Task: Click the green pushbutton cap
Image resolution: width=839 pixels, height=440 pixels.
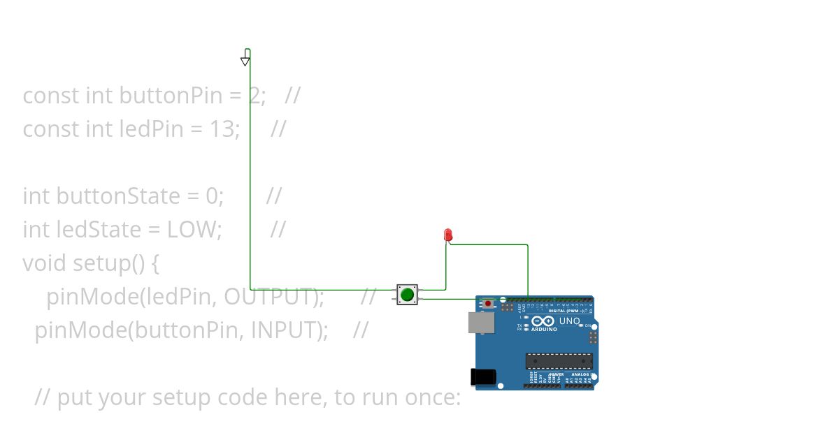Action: pos(407,295)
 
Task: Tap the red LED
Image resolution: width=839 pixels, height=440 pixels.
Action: pos(448,235)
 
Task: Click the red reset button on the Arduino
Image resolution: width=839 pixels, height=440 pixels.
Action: pos(488,304)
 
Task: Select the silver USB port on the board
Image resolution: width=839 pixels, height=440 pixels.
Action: pos(480,322)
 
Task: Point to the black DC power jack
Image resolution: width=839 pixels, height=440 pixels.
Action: pos(482,376)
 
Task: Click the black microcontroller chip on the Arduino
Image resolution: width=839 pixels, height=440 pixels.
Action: pos(559,360)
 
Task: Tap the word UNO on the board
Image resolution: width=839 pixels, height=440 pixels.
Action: pos(570,321)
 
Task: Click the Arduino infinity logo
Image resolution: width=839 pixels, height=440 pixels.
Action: pos(543,321)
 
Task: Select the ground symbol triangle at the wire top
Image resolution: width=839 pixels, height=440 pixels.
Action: pos(245,61)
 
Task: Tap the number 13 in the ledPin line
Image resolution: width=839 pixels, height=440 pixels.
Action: pos(222,129)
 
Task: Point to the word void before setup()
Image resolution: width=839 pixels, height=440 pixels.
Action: pos(45,263)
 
